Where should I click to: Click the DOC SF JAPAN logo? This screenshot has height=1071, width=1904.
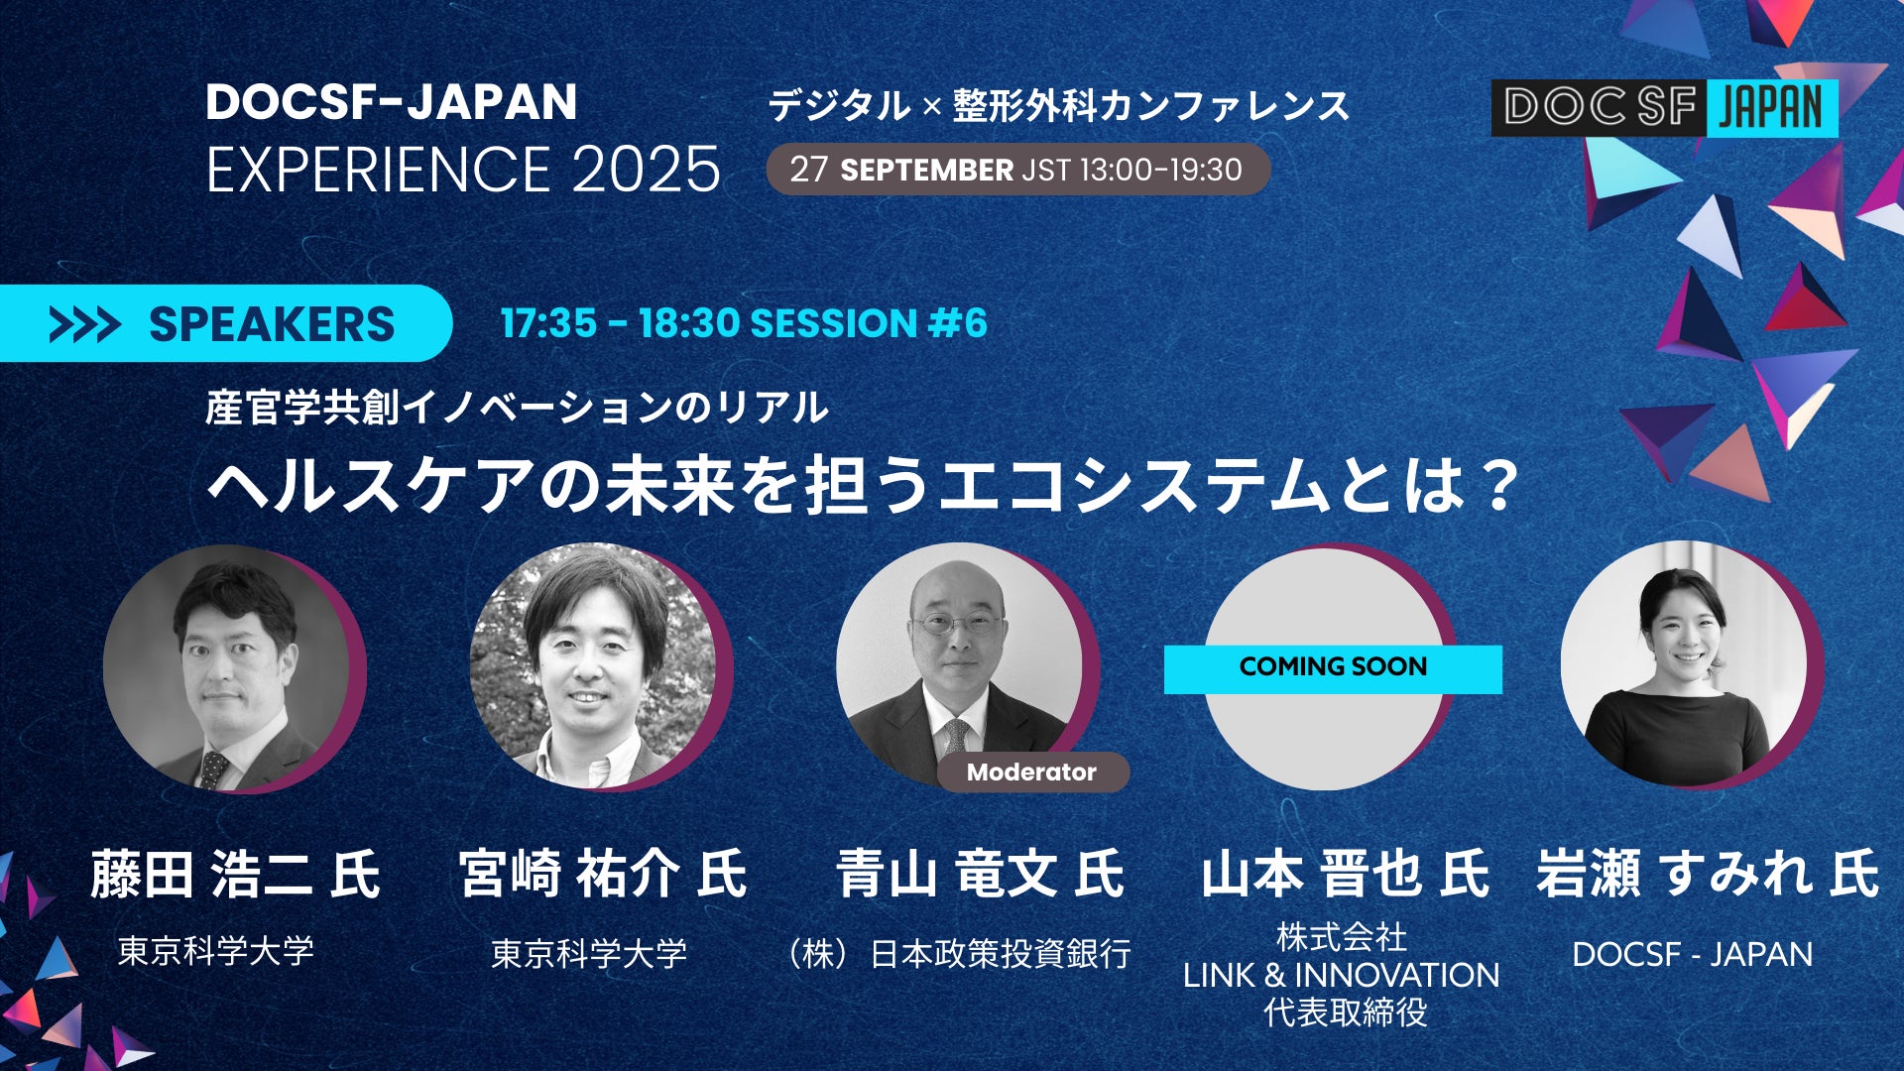1664,108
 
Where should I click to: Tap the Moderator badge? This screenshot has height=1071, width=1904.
1031,773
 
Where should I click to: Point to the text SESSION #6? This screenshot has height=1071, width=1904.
869,323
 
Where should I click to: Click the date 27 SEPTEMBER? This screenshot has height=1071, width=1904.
901,170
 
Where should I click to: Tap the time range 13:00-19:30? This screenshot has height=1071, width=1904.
1160,170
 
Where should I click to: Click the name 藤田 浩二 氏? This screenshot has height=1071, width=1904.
235,875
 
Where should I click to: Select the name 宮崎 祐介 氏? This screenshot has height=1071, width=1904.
603,875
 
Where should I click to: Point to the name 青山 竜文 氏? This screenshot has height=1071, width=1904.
981,875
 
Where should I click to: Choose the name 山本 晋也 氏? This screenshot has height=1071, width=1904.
1346,875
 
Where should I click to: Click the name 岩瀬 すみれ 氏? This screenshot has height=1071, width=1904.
1708,875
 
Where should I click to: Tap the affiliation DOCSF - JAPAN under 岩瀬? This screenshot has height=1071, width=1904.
1693,954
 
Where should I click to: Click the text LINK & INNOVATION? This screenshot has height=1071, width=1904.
1342,975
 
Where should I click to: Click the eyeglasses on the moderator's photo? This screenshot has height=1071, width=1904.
957,625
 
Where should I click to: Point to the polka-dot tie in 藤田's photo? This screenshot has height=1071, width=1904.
212,770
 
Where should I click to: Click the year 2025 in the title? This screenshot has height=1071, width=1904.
646,170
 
